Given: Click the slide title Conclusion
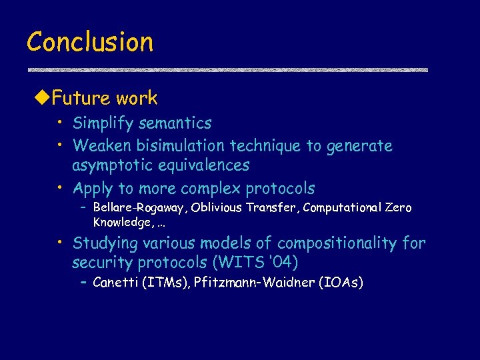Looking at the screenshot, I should point(90,42).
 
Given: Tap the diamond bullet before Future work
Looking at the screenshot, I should point(42,99).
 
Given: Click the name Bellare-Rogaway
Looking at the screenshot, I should point(141,208).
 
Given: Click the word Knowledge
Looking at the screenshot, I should point(121,221).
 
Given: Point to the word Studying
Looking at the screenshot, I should point(105,243).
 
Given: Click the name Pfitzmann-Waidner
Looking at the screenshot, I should point(255,283).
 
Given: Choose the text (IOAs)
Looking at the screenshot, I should point(341,283).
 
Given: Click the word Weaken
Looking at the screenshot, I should point(101,145).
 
